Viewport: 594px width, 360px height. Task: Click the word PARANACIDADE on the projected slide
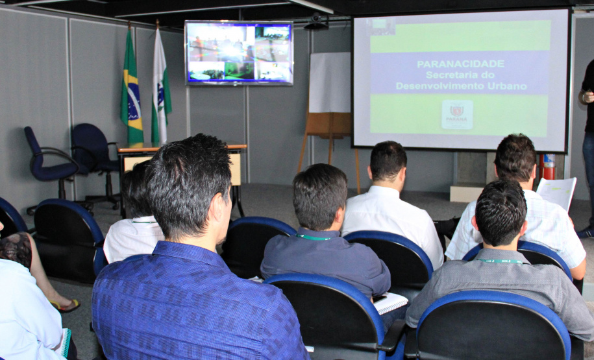point(460,64)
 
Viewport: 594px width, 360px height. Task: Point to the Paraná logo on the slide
point(457,114)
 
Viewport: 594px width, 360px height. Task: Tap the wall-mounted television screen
point(238,53)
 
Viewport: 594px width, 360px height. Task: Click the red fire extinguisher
point(549,167)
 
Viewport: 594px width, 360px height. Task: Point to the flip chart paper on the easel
point(330,82)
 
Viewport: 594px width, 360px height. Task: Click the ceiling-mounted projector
point(316,23)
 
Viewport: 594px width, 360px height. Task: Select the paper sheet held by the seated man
point(556,193)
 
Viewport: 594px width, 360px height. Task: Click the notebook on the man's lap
point(390,302)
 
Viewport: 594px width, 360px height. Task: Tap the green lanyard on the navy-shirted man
point(314,238)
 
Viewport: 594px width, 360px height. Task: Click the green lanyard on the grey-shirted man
point(500,261)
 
